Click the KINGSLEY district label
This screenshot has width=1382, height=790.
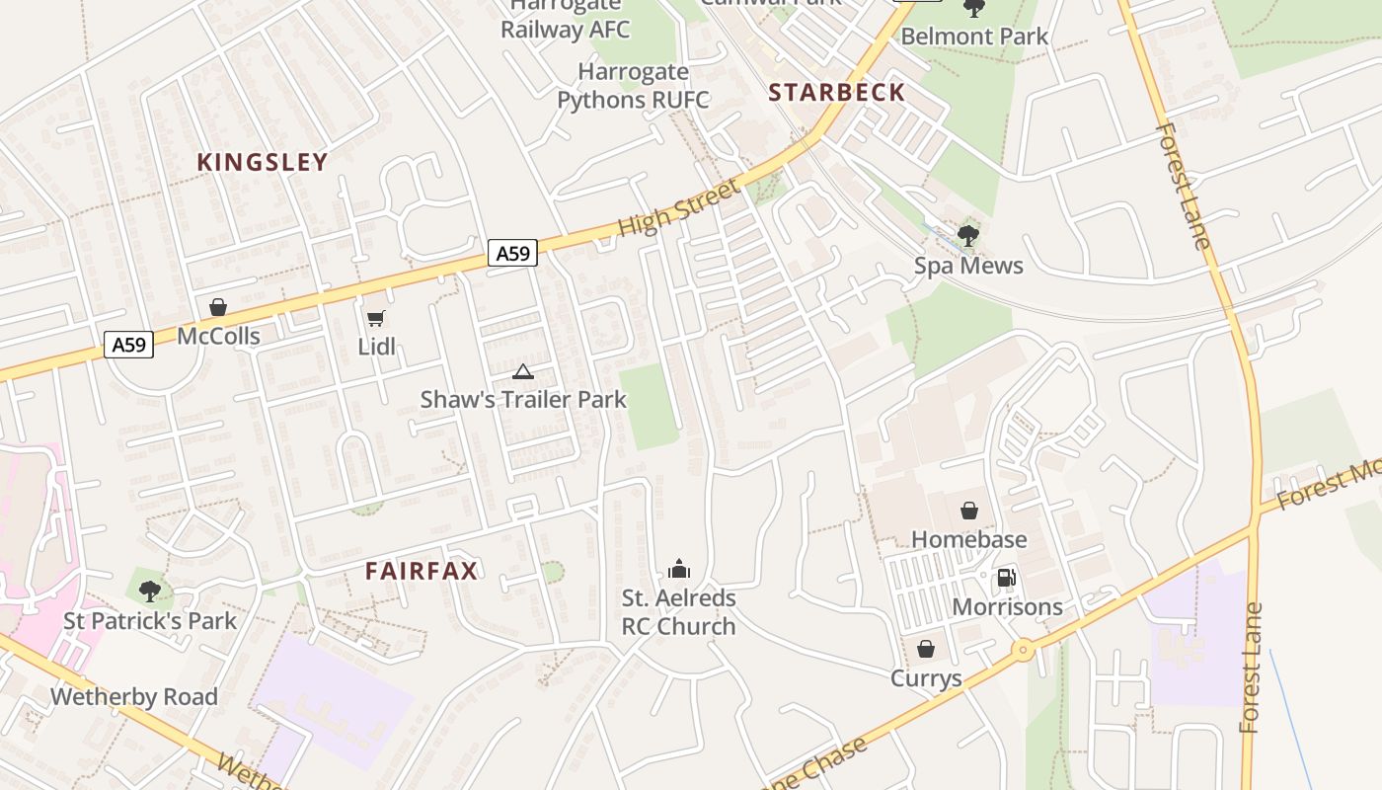[262, 163]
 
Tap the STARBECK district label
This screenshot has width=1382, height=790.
[836, 93]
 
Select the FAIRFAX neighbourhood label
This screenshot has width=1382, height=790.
[422, 571]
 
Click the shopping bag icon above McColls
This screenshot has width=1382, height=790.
[218, 308]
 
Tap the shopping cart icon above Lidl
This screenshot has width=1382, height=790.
[375, 318]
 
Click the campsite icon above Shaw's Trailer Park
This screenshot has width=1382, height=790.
[522, 371]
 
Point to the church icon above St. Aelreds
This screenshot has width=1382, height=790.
[678, 569]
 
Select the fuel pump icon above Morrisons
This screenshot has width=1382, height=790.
[1006, 578]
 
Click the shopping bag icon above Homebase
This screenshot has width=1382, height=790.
[968, 511]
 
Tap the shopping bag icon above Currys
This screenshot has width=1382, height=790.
[926, 649]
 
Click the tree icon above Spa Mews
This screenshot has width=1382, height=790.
[968, 236]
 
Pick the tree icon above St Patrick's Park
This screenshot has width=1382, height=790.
[150, 592]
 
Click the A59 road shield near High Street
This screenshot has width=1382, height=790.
[512, 254]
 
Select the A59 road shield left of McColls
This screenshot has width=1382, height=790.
[128, 345]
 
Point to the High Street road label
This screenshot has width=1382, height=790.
[678, 208]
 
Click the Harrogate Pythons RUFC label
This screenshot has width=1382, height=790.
[633, 86]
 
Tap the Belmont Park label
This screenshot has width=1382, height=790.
[974, 37]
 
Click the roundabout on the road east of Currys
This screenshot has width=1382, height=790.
[1022, 650]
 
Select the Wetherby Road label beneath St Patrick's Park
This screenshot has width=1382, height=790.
[133, 696]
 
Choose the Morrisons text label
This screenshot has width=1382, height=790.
[1007, 606]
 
